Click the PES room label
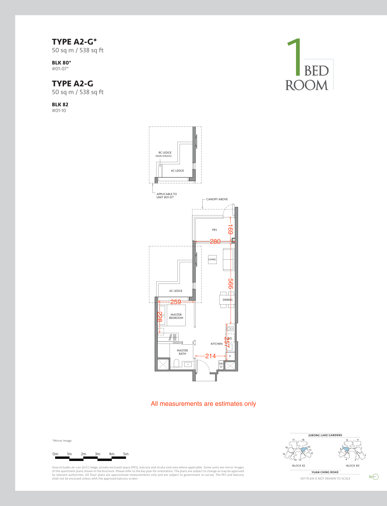pyautogui.click(x=214, y=230)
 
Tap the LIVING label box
pyautogui.click(x=212, y=259)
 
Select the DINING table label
pyautogui.click(x=227, y=300)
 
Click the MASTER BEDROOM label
pyautogui.click(x=176, y=316)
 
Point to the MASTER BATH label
pyautogui.click(x=182, y=352)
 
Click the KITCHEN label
pyautogui.click(x=217, y=344)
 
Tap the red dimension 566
pyautogui.click(x=230, y=284)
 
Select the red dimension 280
pyautogui.click(x=215, y=241)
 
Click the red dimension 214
pyautogui.click(x=210, y=356)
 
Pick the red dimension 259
pyautogui.click(x=176, y=302)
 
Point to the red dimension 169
pyautogui.click(x=230, y=229)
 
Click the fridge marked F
pyautogui.click(x=230, y=356)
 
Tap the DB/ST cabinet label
pyautogui.click(x=221, y=365)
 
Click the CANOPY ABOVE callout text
pyautogui.click(x=217, y=199)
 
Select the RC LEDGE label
pyautogui.click(x=165, y=153)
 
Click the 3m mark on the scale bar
pyautogui.click(x=97, y=454)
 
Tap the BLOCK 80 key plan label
pyautogui.click(x=353, y=466)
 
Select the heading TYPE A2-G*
pyautogui.click(x=74, y=42)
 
